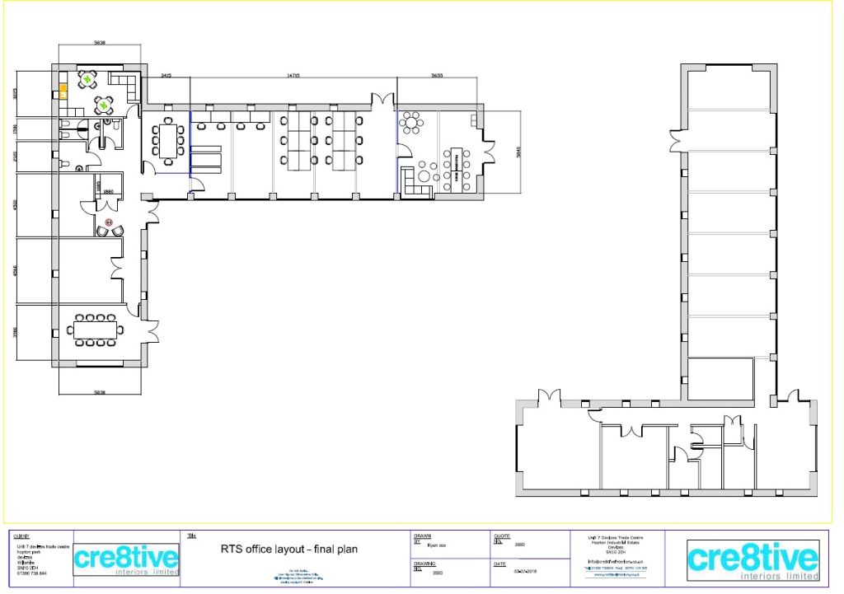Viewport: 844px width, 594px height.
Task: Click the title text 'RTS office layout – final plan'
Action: (x=288, y=549)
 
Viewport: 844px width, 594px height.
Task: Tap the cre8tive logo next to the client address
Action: (x=126, y=560)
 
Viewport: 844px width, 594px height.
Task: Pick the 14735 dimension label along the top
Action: (x=293, y=75)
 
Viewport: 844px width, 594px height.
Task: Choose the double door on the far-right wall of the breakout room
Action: (x=490, y=152)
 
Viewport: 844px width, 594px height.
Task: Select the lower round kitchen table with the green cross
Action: (x=103, y=105)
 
